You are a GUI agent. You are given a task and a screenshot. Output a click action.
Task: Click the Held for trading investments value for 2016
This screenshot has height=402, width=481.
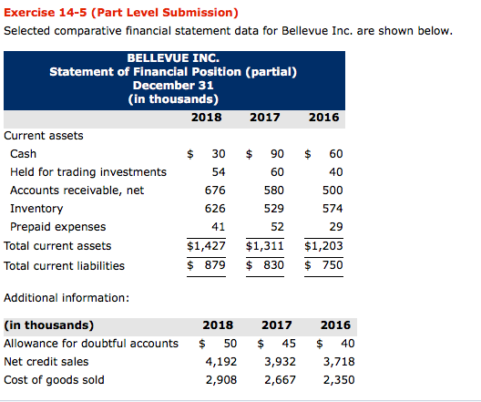tap(335, 171)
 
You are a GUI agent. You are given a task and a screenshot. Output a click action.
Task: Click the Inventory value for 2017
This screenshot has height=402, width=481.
tap(272, 208)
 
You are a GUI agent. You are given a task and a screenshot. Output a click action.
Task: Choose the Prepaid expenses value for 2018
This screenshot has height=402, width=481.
tap(218, 226)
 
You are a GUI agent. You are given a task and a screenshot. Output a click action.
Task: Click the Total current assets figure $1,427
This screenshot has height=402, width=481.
tap(206, 245)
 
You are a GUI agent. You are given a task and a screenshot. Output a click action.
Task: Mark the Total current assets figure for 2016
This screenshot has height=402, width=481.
tap(323, 245)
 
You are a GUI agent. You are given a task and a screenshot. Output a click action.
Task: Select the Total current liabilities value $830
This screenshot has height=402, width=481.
tap(266, 265)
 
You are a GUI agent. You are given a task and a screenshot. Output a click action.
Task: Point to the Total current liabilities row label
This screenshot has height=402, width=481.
tap(65, 265)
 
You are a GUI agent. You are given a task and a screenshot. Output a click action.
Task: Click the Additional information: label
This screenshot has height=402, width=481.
tap(67, 297)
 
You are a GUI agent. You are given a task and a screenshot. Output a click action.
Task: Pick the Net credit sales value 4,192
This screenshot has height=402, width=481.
tap(218, 361)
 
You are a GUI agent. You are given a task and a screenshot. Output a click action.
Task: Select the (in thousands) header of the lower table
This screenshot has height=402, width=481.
tap(48, 325)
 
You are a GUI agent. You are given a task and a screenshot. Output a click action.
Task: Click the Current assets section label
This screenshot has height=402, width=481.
tap(44, 135)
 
